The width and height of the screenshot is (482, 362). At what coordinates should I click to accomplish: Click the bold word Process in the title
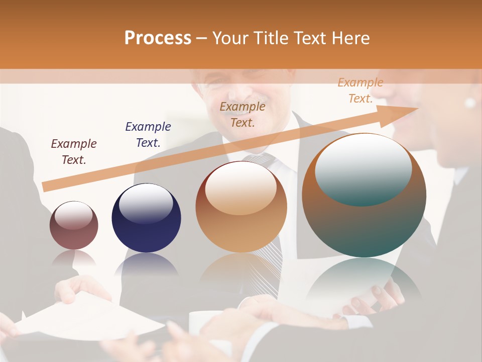tap(158, 38)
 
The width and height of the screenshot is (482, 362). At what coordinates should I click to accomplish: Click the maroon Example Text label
tap(74, 152)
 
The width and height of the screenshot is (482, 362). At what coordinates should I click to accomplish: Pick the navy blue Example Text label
tap(148, 135)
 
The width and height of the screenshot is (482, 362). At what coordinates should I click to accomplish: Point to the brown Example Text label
tap(243, 114)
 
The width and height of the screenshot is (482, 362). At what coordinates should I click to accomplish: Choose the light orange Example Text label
tap(360, 90)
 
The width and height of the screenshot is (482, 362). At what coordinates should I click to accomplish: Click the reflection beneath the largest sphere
tap(364, 282)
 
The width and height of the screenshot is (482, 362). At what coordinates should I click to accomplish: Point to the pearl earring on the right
tap(470, 103)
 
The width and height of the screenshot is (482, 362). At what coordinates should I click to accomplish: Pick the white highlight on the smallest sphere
tap(73, 215)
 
